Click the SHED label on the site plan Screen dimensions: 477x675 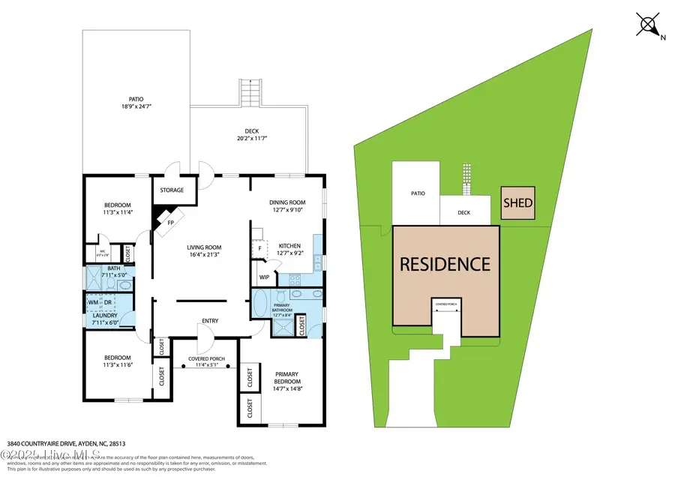tap(518, 202)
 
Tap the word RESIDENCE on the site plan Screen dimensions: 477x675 tap(445, 264)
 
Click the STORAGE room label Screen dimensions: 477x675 tap(172, 190)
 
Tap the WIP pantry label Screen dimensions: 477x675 tap(264, 277)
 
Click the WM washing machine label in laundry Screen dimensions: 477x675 tap(93, 302)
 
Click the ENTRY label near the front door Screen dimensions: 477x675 tap(208, 322)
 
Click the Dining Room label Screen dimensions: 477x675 tap(287, 202)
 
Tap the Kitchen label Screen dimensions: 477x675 tap(289, 245)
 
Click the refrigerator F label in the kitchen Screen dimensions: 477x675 tap(259, 248)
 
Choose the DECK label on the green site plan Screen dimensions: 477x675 tap(464, 212)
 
